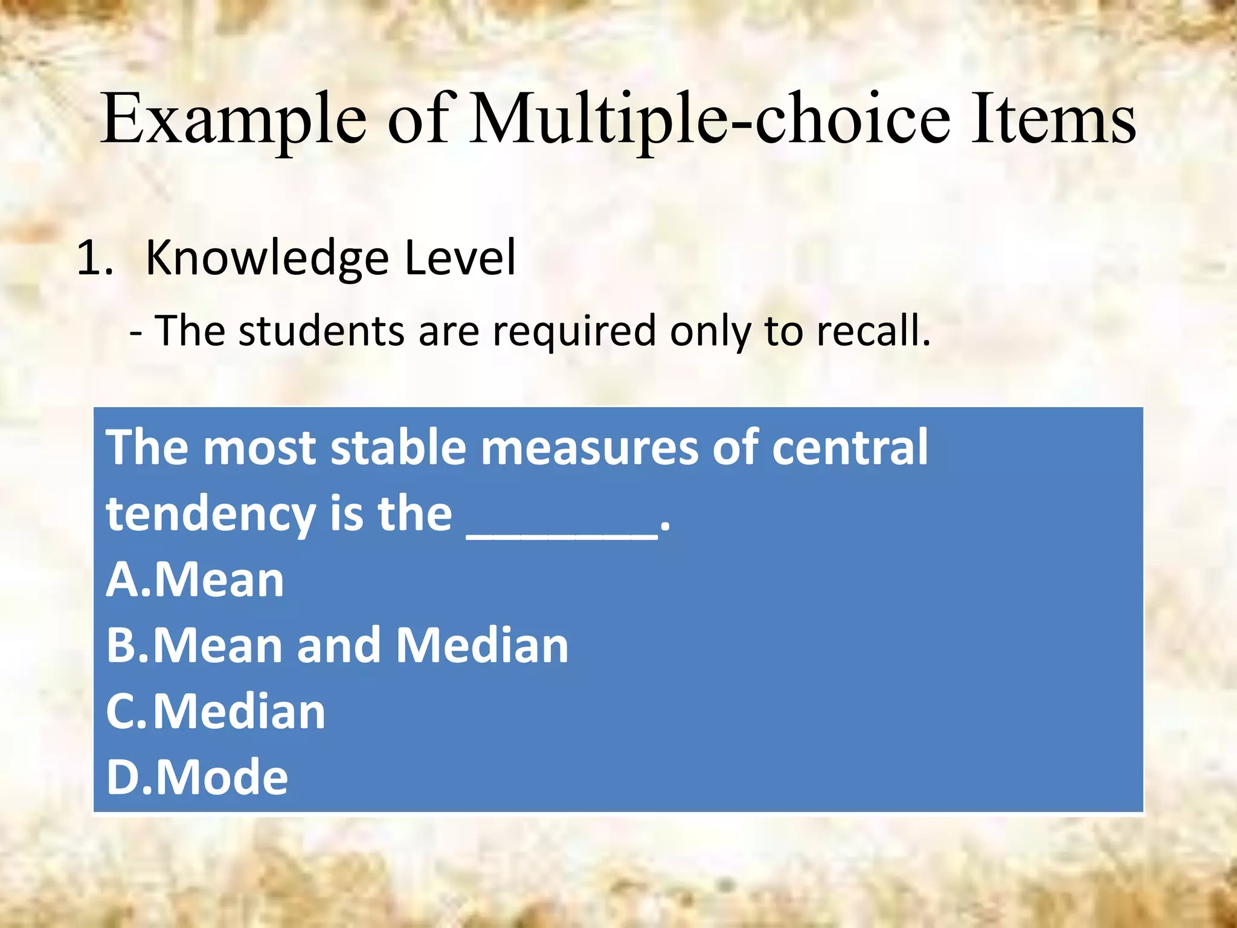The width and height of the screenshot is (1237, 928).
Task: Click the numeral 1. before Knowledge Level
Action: coord(95,258)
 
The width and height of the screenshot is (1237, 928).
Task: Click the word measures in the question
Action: coord(590,448)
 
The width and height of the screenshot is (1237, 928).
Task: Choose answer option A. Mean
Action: coord(195,579)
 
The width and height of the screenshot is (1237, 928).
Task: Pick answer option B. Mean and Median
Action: coord(337,645)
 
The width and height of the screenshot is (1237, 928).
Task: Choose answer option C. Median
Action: coord(216,711)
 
